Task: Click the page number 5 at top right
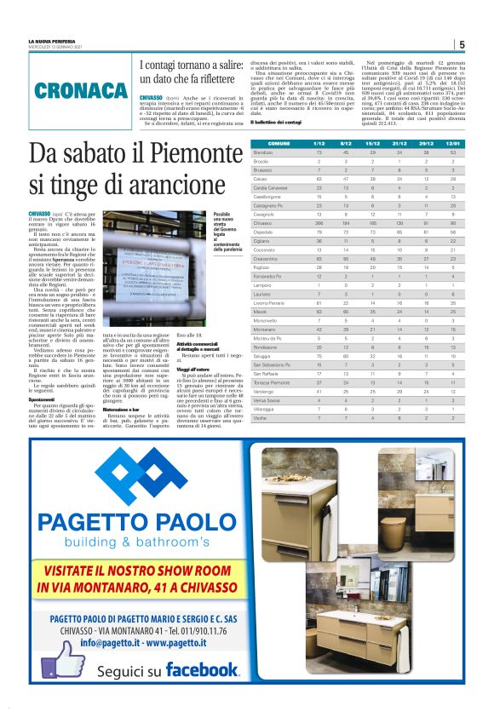[461, 45]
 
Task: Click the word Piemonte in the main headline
[167, 157]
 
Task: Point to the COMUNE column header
[279, 144]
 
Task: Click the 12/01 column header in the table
[452, 144]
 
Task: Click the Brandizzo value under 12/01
[452, 152]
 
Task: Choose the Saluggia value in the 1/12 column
[319, 355]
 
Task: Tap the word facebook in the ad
[203, 668]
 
